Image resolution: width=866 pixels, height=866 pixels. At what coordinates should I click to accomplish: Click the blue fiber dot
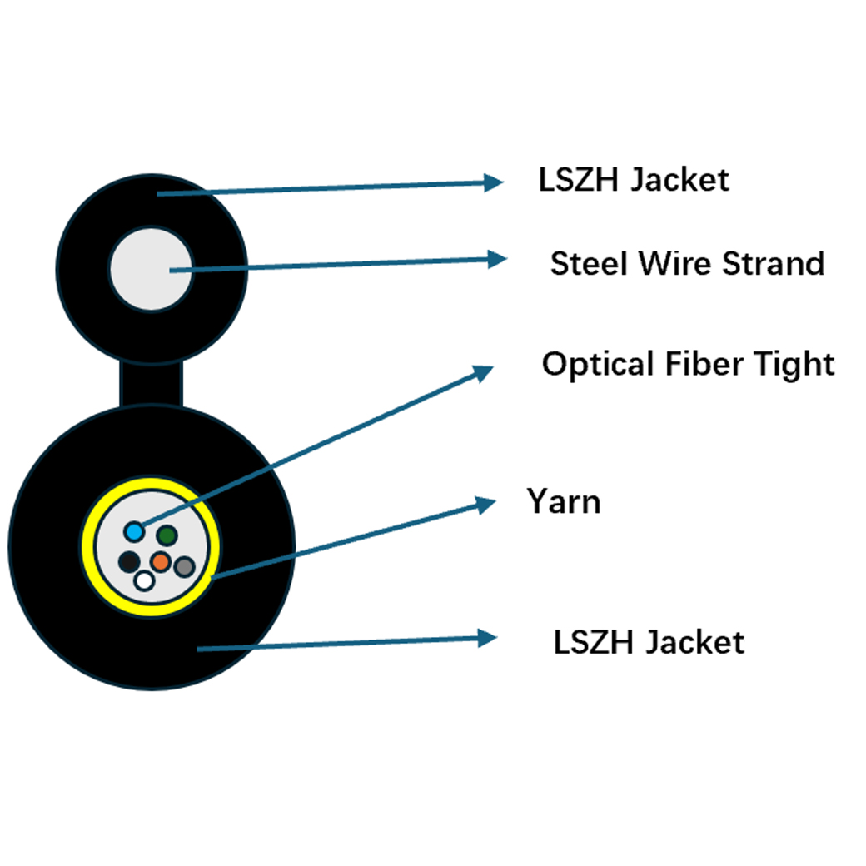pyautogui.click(x=134, y=532)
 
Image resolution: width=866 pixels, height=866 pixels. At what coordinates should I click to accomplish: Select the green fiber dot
pyautogui.click(x=167, y=535)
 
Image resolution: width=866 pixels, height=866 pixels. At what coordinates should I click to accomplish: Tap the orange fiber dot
pyautogui.click(x=161, y=562)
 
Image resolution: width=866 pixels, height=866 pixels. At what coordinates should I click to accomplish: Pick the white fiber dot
pyautogui.click(x=144, y=580)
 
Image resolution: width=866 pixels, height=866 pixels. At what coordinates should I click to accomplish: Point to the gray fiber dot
pyautogui.click(x=185, y=566)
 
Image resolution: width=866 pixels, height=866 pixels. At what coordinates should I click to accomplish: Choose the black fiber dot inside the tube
pyautogui.click(x=129, y=562)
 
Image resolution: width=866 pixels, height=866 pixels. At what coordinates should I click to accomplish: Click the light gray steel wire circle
pyautogui.click(x=151, y=270)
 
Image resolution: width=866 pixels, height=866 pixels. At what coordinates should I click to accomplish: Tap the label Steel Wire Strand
pyautogui.click(x=687, y=263)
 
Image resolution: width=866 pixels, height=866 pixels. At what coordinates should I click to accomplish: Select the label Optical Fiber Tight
pyautogui.click(x=688, y=365)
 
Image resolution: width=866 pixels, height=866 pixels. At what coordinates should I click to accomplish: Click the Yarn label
pyautogui.click(x=564, y=501)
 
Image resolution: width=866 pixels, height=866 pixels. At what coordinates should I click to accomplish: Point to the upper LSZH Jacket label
pyautogui.click(x=634, y=180)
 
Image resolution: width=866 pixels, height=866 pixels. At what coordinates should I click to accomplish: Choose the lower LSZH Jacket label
pyautogui.click(x=649, y=642)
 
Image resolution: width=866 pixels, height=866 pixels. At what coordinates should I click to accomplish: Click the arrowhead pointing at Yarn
pyautogui.click(x=486, y=505)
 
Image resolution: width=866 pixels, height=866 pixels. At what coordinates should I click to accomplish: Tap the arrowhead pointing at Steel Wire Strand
pyautogui.click(x=497, y=259)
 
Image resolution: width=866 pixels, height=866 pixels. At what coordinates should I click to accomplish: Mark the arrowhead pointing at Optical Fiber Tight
pyautogui.click(x=483, y=373)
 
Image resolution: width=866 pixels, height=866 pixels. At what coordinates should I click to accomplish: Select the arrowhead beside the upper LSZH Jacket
pyautogui.click(x=493, y=182)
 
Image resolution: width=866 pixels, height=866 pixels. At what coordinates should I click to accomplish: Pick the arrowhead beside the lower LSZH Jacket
pyautogui.click(x=488, y=638)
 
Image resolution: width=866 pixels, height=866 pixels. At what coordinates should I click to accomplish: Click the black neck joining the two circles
pyautogui.click(x=151, y=384)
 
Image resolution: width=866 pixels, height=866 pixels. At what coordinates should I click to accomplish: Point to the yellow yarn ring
pyautogui.click(x=151, y=547)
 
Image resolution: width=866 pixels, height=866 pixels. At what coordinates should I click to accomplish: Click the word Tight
pyautogui.click(x=794, y=365)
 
